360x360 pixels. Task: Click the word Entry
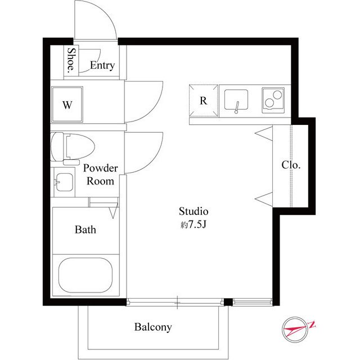[x=102, y=65]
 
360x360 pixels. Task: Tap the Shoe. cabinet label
[x=71, y=60]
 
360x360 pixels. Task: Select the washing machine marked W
[x=67, y=105]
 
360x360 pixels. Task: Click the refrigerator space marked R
[x=204, y=101]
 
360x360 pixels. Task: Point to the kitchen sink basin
[x=236, y=100]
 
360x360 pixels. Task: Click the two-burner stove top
[x=273, y=100]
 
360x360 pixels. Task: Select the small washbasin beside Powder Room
[x=64, y=182]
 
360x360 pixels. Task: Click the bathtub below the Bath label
[x=85, y=275]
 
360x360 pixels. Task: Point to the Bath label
[x=85, y=230]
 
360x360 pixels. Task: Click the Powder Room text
[x=101, y=175]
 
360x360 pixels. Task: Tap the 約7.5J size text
[x=193, y=225]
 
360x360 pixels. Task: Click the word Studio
[x=193, y=211]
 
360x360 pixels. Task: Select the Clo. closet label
[x=291, y=165]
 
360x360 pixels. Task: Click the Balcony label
[x=153, y=327]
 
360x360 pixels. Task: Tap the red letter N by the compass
[x=312, y=325]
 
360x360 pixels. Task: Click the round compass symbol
[x=295, y=330]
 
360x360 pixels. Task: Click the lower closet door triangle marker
[x=264, y=198]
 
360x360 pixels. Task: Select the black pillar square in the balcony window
[x=228, y=302]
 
